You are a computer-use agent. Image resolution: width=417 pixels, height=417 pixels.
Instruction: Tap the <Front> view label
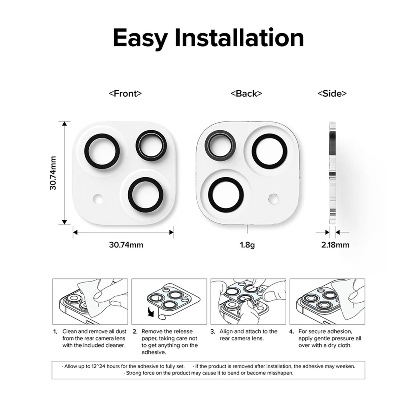[x=125, y=93]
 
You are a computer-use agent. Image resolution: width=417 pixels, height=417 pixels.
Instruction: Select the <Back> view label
[x=246, y=93]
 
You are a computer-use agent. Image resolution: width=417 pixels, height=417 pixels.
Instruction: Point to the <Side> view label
[x=332, y=93]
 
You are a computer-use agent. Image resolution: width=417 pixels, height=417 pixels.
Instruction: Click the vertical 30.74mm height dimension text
[x=53, y=173]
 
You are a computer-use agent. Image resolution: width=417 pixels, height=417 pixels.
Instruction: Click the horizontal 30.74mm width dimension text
[x=126, y=245]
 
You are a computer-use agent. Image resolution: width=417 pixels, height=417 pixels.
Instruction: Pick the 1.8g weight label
[x=247, y=245]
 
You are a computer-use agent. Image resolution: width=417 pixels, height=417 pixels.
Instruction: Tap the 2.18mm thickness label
[x=335, y=245]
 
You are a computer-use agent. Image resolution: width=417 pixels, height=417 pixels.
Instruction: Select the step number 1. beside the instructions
[x=55, y=332]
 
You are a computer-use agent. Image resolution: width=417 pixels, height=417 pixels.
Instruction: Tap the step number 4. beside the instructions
[x=292, y=332]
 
